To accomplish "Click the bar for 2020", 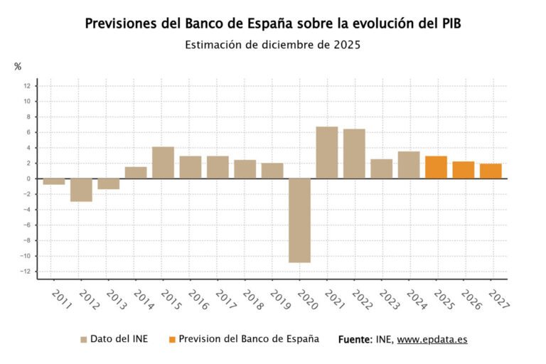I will tap(299, 220).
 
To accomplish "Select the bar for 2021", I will tap(326, 152).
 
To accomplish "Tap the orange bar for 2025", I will tap(436, 167).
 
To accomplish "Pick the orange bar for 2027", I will tap(491, 171).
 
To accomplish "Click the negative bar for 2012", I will tap(81, 190).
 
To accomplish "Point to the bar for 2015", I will tap(163, 162).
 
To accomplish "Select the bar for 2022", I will tap(354, 154).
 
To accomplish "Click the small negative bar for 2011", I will tap(54, 181).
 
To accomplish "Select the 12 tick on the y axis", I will tap(27, 86).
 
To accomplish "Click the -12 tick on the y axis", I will tap(26, 272).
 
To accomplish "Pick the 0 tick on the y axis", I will tap(29, 178).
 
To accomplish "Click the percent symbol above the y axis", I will tap(18, 67).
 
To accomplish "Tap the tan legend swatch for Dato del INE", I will tap(84, 339).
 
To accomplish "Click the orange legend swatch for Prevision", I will tap(171, 339).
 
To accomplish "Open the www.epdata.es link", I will tap(432, 339).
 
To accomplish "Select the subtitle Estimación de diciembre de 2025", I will tap(272, 44).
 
